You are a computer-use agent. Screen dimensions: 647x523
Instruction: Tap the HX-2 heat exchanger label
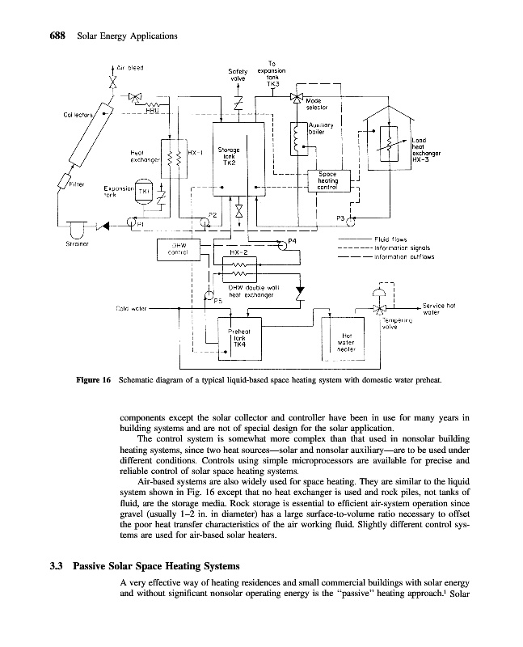point(238,252)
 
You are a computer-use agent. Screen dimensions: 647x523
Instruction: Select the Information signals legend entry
point(404,247)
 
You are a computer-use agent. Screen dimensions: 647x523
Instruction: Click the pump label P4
point(292,240)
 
